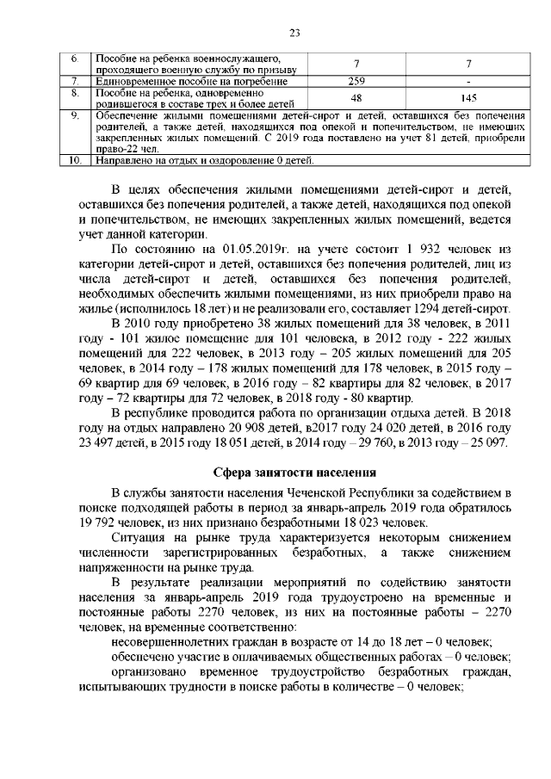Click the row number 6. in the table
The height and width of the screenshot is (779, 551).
coord(75,58)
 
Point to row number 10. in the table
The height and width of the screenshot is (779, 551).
coord(75,160)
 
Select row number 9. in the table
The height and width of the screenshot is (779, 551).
coord(75,115)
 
